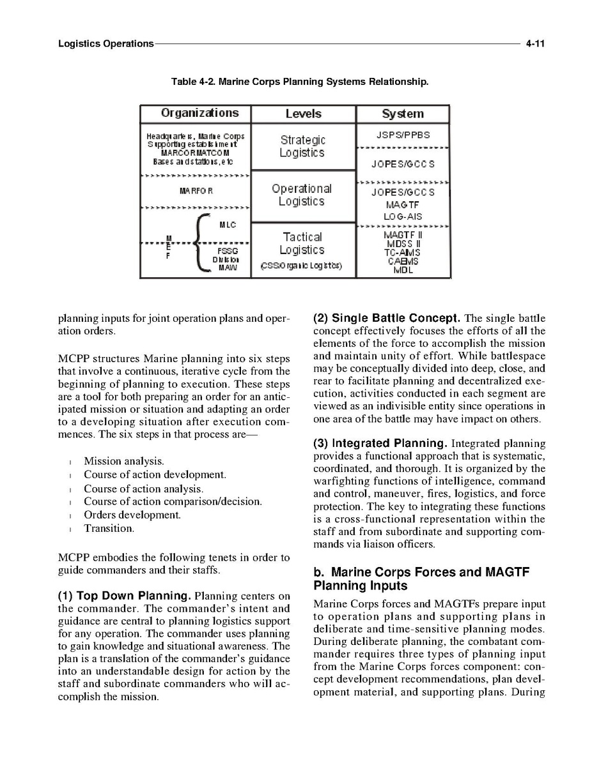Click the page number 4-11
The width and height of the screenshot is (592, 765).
(534, 44)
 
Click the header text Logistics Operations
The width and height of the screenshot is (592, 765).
(105, 44)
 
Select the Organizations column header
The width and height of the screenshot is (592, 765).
(199, 114)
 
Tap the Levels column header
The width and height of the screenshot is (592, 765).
(303, 114)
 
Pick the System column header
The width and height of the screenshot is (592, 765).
(403, 114)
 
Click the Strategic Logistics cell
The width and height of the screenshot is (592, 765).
(302, 146)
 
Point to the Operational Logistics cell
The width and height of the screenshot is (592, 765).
(302, 195)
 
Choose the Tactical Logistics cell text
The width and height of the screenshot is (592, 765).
(302, 244)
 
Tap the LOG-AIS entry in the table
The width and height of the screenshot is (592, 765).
(403, 217)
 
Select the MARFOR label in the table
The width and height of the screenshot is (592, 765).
(196, 191)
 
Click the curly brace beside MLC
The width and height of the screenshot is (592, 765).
(200, 245)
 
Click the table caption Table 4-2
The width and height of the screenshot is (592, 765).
(299, 82)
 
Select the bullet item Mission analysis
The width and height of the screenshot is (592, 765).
(124, 461)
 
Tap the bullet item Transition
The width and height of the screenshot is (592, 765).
(109, 529)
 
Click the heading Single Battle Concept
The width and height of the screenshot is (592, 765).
(387, 318)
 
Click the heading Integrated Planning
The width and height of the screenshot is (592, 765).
(380, 443)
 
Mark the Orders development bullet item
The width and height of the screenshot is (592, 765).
(132, 515)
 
